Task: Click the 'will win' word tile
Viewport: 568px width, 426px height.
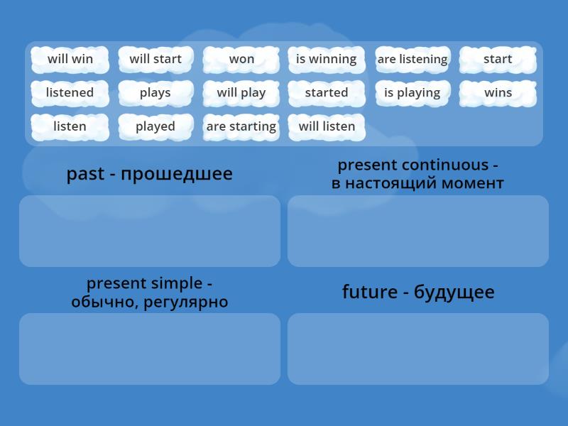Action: [70, 60]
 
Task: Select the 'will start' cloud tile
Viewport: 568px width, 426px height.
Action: [155, 60]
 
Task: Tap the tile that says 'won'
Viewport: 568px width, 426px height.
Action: [241, 60]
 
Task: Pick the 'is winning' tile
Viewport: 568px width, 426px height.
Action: [327, 60]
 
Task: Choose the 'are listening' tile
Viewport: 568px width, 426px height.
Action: [413, 60]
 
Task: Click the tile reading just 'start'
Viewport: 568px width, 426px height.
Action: [498, 60]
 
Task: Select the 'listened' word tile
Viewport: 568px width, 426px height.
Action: [70, 93]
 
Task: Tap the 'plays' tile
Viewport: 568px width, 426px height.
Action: [155, 93]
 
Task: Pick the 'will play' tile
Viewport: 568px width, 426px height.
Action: [241, 93]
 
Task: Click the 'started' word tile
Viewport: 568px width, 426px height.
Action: [327, 93]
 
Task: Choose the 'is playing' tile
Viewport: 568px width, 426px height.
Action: [413, 93]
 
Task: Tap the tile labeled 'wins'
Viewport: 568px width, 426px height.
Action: [498, 93]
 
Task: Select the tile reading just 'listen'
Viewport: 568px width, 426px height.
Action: [70, 127]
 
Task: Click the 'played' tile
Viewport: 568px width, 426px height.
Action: [155, 127]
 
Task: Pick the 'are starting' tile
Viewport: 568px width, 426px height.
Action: [241, 127]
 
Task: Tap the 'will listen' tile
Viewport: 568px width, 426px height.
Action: [327, 127]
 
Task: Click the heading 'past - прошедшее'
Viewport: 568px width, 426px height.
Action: [150, 174]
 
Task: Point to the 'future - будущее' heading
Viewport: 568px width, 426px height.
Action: [418, 292]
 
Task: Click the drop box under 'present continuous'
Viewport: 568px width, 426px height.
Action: [418, 231]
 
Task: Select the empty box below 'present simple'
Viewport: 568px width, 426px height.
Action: [150, 349]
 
